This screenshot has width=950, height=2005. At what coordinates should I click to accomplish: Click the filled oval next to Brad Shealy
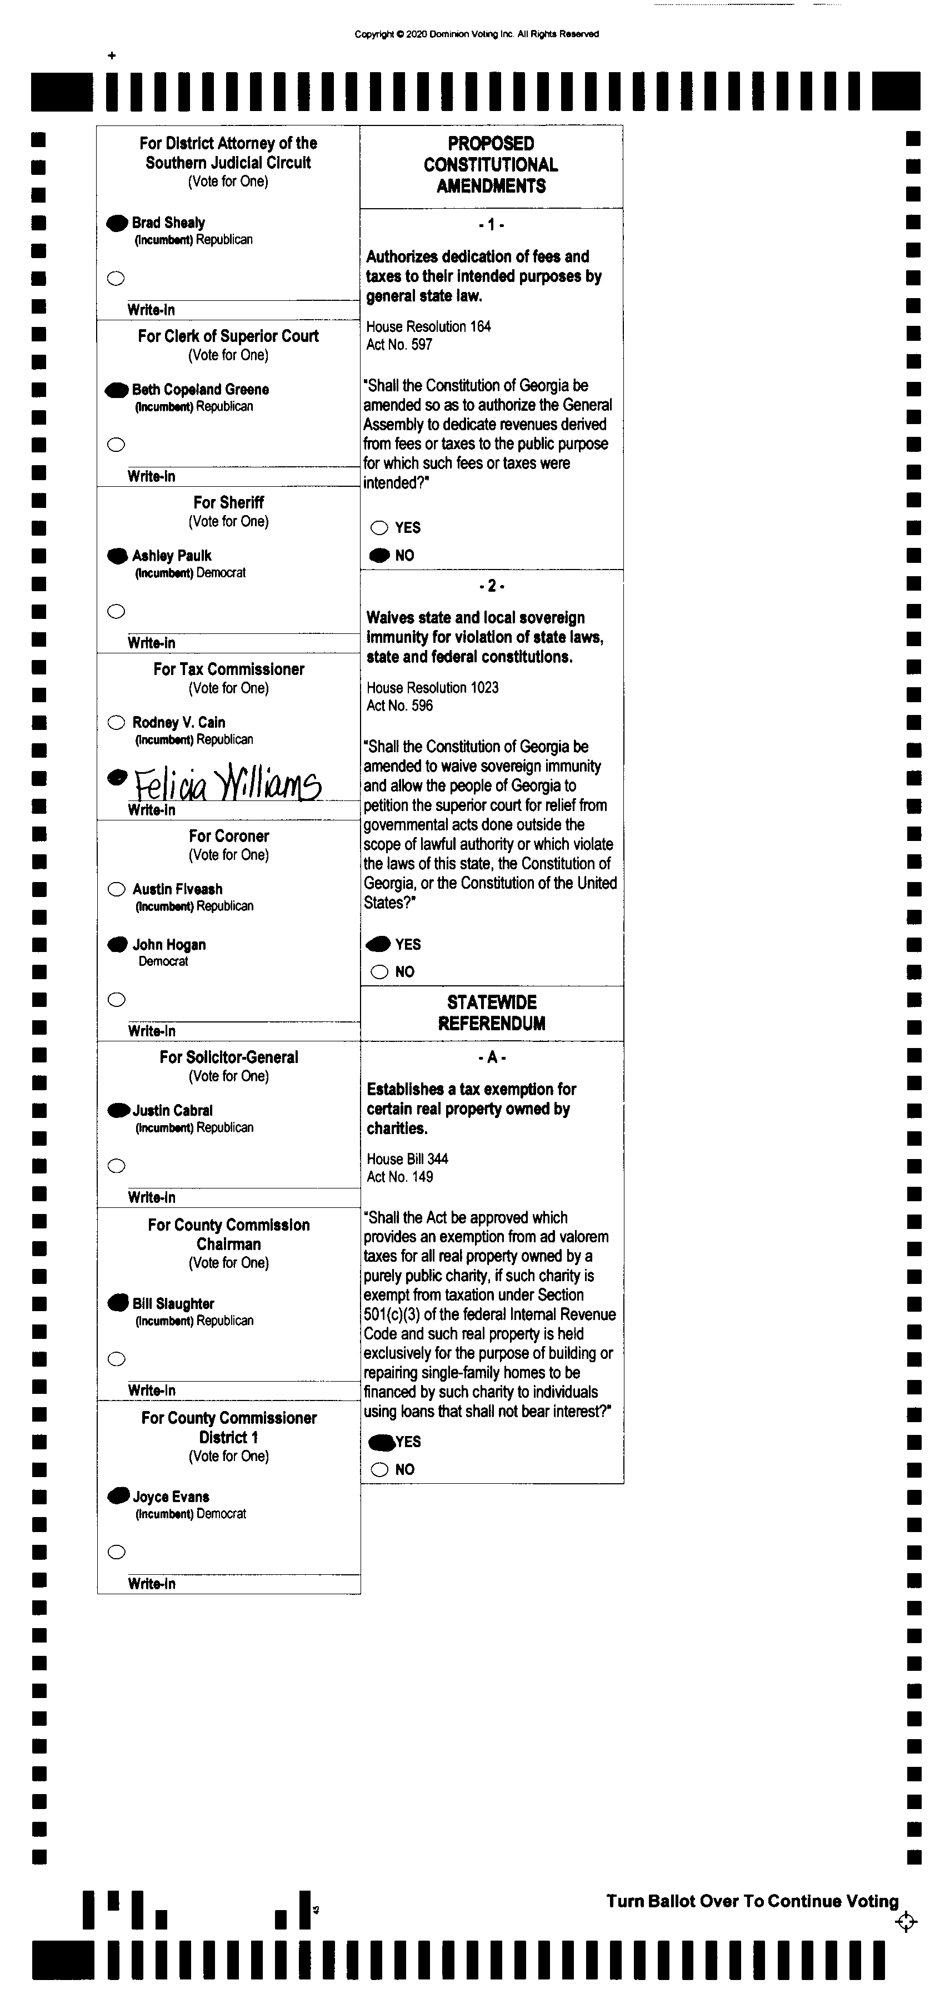[117, 223]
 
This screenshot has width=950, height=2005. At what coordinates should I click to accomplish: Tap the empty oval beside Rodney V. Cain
[116, 722]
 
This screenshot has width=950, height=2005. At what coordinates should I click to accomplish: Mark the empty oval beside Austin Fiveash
[116, 889]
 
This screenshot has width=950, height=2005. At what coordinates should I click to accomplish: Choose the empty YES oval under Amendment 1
[379, 528]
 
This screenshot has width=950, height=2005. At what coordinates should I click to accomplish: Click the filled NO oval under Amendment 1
[379, 556]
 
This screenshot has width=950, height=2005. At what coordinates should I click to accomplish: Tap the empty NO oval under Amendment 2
[379, 971]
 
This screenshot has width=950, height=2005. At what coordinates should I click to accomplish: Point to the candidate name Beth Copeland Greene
[200, 389]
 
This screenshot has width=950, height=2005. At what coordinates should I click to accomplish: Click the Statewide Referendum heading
[491, 1012]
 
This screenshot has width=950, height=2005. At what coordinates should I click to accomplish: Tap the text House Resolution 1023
[432, 687]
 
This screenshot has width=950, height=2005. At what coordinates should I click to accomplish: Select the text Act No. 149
[399, 1177]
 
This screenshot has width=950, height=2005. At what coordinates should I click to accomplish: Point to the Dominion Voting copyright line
[477, 34]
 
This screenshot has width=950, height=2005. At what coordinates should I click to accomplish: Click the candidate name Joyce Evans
[171, 1497]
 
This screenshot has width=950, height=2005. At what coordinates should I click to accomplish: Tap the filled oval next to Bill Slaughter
[118, 1303]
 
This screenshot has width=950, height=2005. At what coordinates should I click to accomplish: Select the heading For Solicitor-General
[229, 1057]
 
